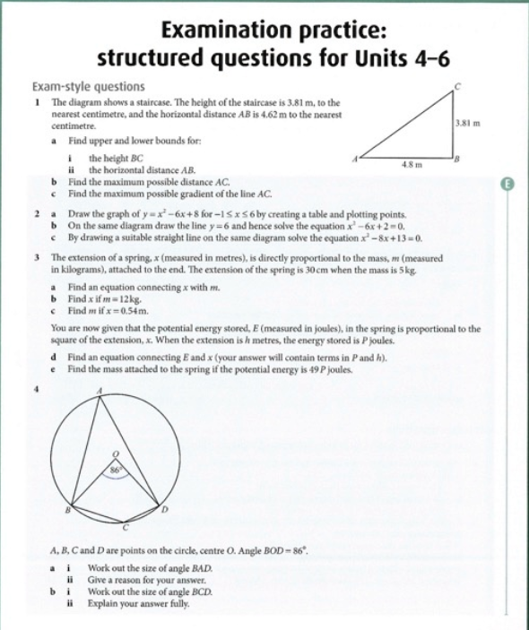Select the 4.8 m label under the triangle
pos(412,165)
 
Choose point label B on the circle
pos(64,508)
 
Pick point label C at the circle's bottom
pos(126,528)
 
